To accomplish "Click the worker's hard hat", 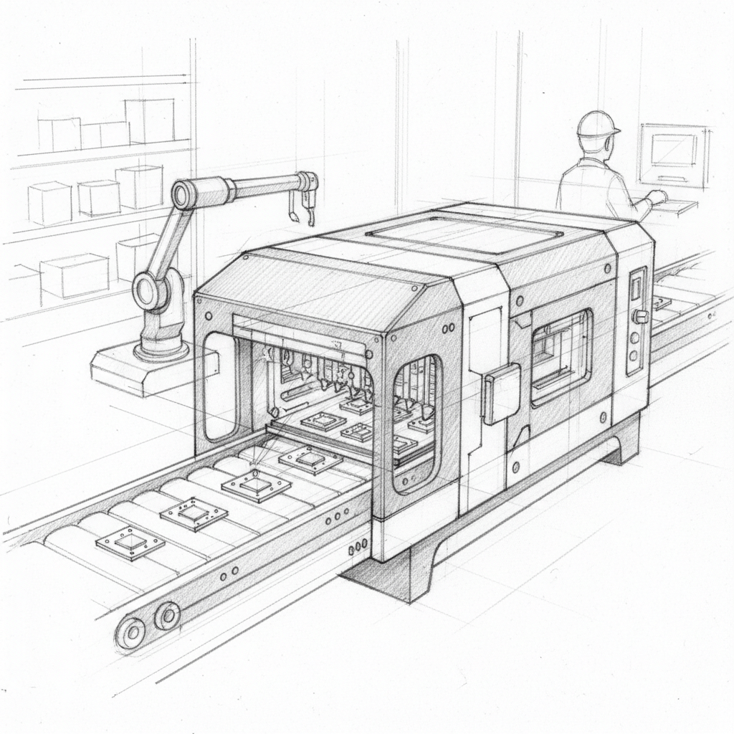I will point(597,125).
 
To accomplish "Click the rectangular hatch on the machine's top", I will point(462,234).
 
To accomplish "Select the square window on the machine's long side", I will point(561,347).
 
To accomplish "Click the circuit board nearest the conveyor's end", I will point(130,542).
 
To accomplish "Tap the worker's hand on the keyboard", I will point(656,197).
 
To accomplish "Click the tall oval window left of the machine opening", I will point(220,386).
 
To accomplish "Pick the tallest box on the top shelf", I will point(149,120).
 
